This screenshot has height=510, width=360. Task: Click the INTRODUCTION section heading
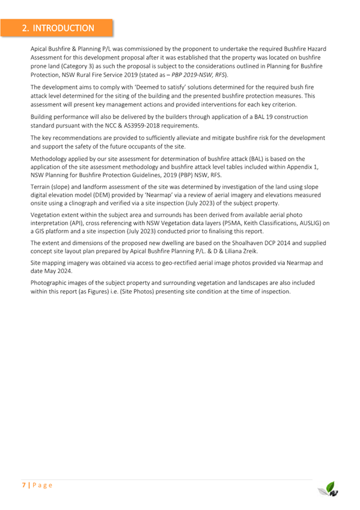coord(58,28)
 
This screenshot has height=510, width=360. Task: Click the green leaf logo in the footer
coord(329,488)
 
